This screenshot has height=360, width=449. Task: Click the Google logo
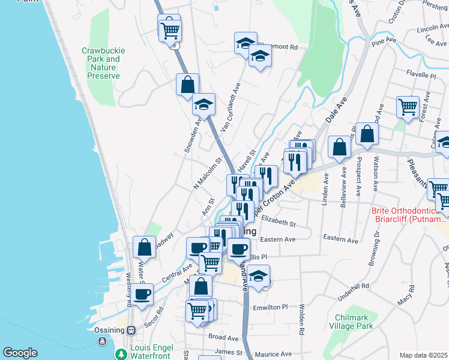(20, 353)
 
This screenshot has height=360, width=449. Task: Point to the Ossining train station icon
(131, 329)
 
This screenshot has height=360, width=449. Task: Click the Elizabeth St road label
(280, 223)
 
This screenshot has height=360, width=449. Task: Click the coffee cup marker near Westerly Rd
(142, 294)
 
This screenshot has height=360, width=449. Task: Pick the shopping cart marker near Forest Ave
(408, 107)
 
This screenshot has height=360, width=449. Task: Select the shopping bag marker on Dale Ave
(340, 148)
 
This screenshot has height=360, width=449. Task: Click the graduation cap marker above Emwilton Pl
(259, 278)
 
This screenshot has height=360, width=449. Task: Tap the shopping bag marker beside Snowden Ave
(187, 85)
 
